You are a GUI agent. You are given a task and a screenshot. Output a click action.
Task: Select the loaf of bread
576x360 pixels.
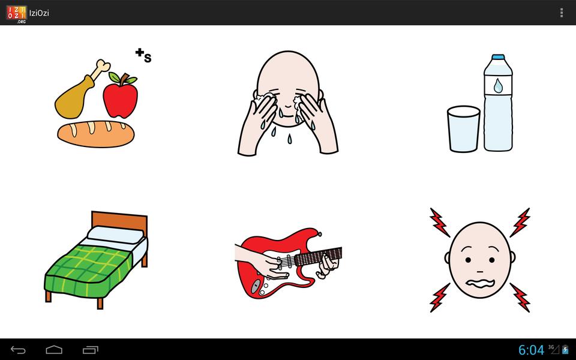tap(96, 134)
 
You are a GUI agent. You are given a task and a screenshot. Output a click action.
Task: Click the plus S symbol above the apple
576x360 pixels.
tap(143, 55)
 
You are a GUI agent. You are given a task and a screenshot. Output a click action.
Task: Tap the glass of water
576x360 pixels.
tap(464, 129)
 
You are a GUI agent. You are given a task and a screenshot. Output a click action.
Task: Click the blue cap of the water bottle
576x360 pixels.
tap(498, 58)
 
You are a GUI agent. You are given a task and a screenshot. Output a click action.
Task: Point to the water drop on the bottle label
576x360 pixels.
tap(498, 86)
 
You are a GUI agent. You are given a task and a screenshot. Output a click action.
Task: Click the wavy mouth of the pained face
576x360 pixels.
tap(480, 284)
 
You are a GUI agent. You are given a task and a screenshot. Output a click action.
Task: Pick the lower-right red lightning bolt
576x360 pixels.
tap(520, 297)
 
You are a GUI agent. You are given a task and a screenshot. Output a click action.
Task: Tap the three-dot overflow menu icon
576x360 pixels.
tap(562, 13)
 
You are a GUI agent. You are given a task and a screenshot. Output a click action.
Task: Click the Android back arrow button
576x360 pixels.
tap(18, 350)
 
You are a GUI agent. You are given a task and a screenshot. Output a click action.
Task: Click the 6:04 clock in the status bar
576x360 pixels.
tap(531, 350)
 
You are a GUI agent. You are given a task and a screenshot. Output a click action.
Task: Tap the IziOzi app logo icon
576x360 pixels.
tap(17, 13)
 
